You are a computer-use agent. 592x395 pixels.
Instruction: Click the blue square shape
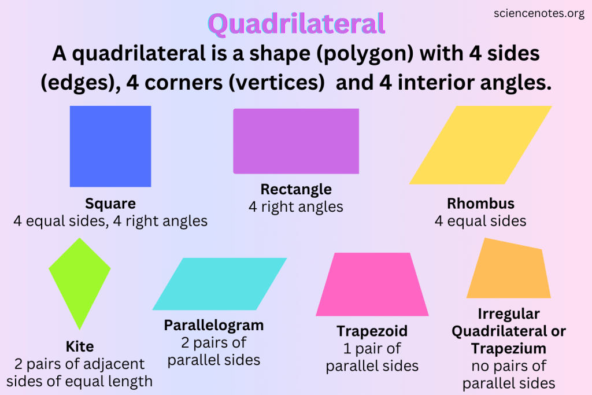pyautogui.click(x=110, y=146)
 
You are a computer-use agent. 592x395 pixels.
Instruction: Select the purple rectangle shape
pyautogui.click(x=296, y=141)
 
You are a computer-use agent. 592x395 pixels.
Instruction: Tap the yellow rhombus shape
pyautogui.click(x=480, y=145)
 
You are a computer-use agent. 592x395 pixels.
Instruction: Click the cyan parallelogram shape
pyautogui.click(x=220, y=284)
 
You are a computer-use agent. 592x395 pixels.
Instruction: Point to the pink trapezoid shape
pyautogui.click(x=372, y=285)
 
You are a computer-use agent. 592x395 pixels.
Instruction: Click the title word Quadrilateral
pyautogui.click(x=296, y=24)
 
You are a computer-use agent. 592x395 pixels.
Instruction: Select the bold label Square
pyautogui.click(x=110, y=204)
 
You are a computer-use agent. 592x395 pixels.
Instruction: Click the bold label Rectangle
pyautogui.click(x=296, y=189)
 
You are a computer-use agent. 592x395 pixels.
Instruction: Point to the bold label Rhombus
pyautogui.click(x=480, y=204)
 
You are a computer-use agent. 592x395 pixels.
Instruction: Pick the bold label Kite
pyautogui.click(x=80, y=346)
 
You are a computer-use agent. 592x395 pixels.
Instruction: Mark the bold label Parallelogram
pyautogui.click(x=214, y=325)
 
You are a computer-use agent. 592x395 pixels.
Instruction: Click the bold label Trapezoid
pyautogui.click(x=372, y=331)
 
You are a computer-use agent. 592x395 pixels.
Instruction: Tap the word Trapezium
pyautogui.click(x=509, y=349)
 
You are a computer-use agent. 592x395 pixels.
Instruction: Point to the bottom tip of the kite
pyautogui.click(x=79, y=328)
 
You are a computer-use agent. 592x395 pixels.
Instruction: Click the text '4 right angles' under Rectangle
pyautogui.click(x=296, y=206)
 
